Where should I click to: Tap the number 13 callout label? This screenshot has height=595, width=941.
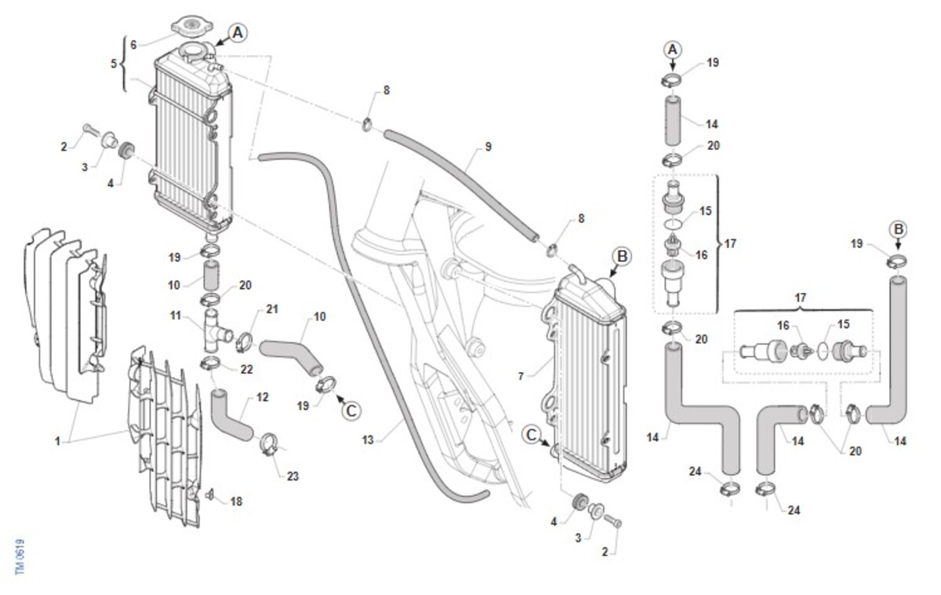pos(368,440)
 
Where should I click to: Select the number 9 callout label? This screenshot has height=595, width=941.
pos(488,147)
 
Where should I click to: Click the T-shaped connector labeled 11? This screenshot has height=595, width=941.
pos(214,330)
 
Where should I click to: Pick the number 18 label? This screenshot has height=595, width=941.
pos(236,501)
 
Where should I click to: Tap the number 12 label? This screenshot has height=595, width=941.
pos(262,397)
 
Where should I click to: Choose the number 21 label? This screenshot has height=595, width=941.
pos(272,309)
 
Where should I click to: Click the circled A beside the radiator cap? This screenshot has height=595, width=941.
pos(238,32)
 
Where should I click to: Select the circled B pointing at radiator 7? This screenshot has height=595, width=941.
pos(622,255)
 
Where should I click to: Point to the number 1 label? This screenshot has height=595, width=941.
pos(57,441)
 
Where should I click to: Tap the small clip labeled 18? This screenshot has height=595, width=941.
pos(210,495)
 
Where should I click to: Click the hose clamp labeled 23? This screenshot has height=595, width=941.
pos(268,445)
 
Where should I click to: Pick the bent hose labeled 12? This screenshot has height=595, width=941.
pos(230,417)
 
